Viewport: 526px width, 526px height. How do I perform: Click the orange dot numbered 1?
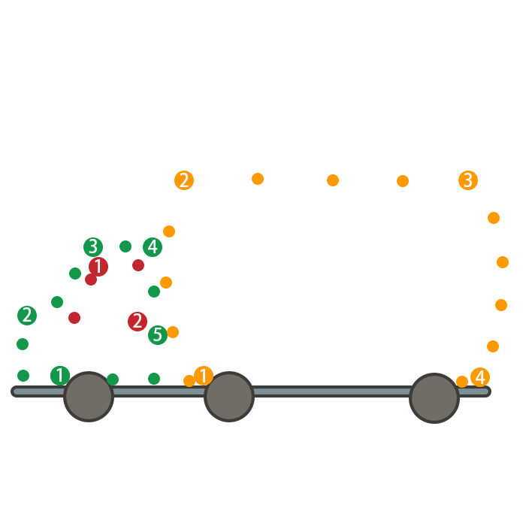204,376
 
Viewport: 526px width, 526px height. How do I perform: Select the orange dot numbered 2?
184,180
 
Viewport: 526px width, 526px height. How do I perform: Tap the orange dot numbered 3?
468,180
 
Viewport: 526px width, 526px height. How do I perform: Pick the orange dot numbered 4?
480,377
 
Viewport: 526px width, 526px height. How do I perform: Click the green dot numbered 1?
60,376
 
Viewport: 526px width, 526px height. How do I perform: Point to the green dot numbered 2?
27,316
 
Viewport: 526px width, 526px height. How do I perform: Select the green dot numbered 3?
93,246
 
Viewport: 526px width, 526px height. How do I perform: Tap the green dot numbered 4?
153,246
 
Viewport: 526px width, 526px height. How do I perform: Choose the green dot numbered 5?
158,335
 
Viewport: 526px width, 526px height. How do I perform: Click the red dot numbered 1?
98,267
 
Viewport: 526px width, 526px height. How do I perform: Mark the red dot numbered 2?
138,322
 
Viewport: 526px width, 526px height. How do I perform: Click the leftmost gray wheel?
89,397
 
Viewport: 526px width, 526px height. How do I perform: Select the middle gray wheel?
229,397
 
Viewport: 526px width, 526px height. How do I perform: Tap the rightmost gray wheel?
434,398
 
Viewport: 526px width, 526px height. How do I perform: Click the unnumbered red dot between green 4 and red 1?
138,265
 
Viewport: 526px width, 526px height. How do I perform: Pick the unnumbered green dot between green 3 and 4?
125,246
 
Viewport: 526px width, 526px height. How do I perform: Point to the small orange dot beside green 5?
173,332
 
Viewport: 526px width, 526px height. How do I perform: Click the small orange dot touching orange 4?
462,382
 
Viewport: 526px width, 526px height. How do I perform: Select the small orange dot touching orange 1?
189,381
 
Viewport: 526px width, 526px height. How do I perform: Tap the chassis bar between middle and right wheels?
331,391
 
